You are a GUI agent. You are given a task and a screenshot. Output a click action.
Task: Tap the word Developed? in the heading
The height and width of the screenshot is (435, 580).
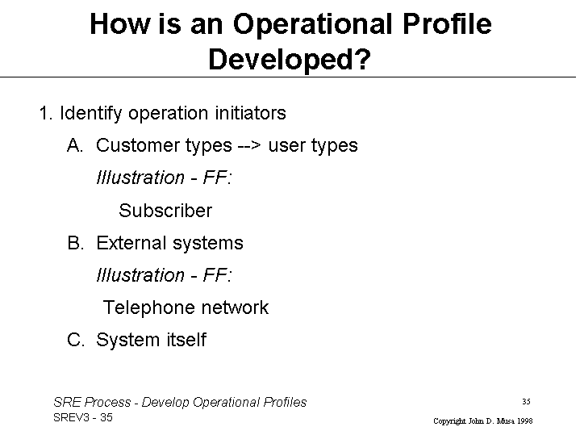coord(290,59)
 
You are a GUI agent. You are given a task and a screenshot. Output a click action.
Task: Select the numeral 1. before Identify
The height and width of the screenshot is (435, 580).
coord(46,113)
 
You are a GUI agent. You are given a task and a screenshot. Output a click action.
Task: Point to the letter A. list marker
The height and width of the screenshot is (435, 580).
coord(75,145)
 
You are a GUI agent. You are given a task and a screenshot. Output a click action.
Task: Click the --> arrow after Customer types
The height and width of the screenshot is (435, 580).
coord(250,146)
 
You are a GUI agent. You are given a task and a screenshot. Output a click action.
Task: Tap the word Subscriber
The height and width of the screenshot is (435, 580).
coord(165,211)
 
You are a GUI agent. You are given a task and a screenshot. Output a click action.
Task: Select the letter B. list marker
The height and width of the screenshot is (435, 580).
coord(76,243)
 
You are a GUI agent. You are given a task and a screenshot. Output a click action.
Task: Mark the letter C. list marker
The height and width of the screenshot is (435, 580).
coord(76,340)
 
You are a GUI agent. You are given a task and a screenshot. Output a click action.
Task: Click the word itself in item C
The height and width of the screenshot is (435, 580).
coord(186,340)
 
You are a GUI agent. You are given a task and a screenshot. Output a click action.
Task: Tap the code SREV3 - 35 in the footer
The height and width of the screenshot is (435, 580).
coord(83,417)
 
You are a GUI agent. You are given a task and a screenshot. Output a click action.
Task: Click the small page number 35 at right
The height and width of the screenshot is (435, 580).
coord(527,402)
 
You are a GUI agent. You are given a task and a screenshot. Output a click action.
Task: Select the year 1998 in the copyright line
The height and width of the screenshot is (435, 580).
coord(524,421)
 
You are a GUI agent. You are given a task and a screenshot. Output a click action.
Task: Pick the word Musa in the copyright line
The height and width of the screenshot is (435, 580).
coord(506,421)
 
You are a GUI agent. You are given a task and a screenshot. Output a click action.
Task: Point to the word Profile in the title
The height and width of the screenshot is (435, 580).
coord(447,24)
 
